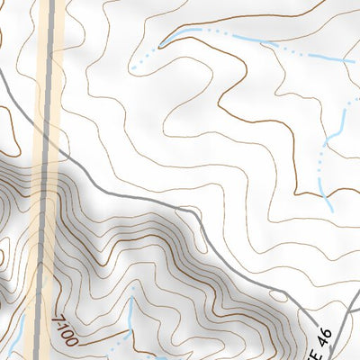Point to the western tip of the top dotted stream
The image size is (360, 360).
click(x=131, y=68)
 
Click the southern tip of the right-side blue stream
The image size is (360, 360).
click(x=331, y=210)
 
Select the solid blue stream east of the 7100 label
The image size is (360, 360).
click(x=131, y=315)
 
